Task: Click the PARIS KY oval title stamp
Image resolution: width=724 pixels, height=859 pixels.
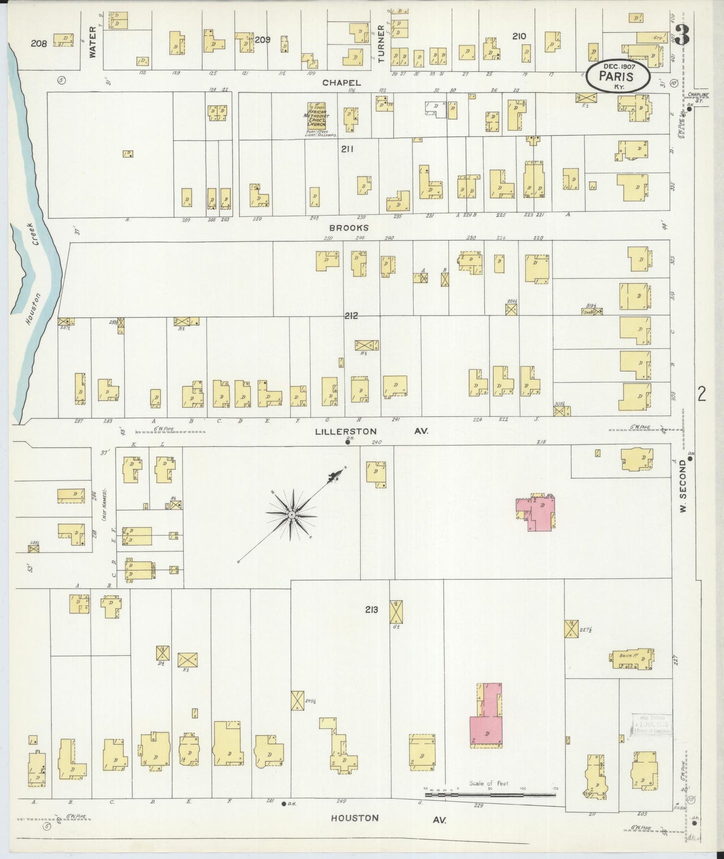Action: (619, 77)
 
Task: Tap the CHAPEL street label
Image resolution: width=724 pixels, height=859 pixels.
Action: (335, 82)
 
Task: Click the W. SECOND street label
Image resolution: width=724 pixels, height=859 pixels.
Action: (683, 487)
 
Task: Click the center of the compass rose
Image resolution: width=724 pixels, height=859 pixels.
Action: (292, 515)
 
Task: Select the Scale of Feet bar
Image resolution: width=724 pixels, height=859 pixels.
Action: (490, 794)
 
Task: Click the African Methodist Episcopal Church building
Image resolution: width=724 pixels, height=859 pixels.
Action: (317, 116)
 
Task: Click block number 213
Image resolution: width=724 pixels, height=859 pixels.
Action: (371, 609)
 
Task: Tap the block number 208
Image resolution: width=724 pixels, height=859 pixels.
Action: (39, 44)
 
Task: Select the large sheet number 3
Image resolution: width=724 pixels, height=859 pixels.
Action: (682, 37)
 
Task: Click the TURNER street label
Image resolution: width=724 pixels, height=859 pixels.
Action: (381, 44)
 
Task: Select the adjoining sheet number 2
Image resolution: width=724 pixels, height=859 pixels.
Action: (701, 394)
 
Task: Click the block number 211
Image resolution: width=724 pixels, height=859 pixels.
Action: (347, 149)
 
